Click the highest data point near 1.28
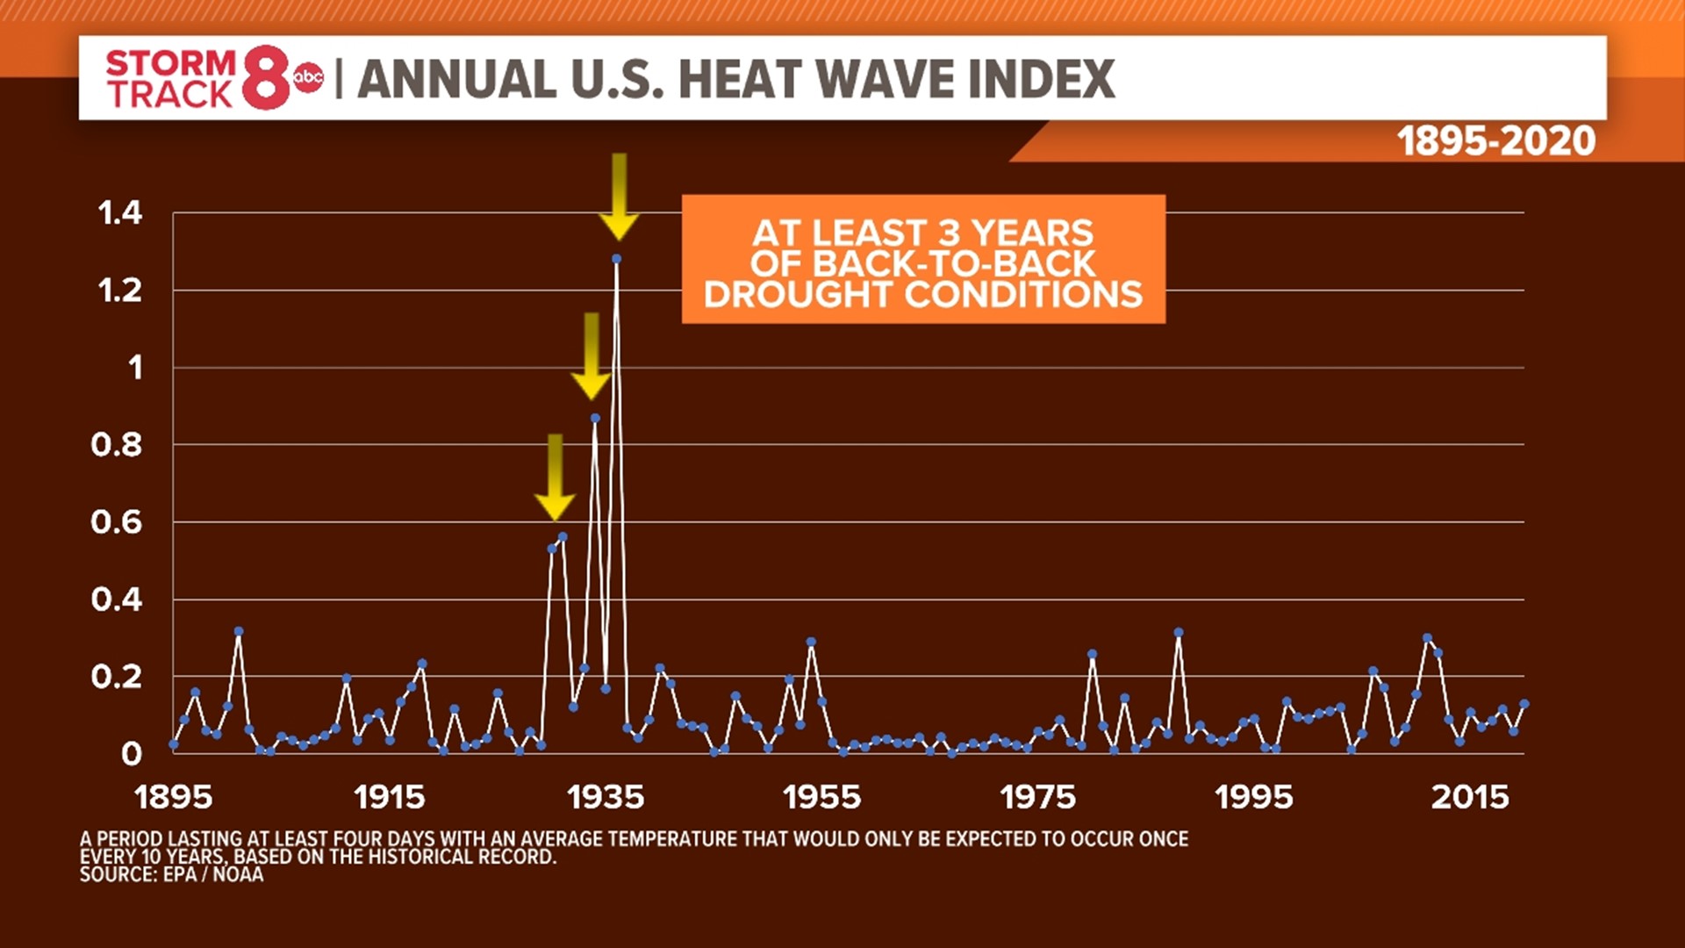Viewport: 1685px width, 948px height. click(x=617, y=259)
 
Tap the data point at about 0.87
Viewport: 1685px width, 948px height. click(x=595, y=418)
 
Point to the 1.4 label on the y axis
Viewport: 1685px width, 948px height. click(x=119, y=212)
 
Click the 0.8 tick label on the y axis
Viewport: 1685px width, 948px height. click(x=116, y=445)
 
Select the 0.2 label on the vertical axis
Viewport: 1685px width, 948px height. click(x=116, y=677)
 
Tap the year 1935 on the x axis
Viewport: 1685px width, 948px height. click(x=606, y=797)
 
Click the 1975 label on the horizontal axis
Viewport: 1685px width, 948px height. click(x=1037, y=797)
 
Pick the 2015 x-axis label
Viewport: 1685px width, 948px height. click(x=1470, y=797)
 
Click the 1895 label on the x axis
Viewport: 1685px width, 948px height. click(x=174, y=797)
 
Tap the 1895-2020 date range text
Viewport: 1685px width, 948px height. click(x=1496, y=141)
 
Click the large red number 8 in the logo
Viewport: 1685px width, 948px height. click(x=266, y=78)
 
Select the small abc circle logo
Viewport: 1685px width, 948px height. click(x=309, y=78)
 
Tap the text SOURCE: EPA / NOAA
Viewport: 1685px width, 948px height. click(x=171, y=874)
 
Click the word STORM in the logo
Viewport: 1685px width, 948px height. click(x=170, y=63)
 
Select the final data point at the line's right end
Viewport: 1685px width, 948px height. click(x=1524, y=704)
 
